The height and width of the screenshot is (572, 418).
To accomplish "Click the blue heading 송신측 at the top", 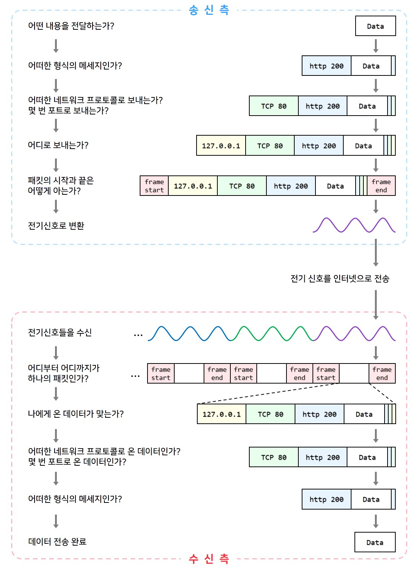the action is [x=209, y=10].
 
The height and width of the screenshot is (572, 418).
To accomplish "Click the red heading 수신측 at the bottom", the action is [x=209, y=558].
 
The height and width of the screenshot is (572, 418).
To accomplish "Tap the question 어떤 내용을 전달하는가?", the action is [x=71, y=26].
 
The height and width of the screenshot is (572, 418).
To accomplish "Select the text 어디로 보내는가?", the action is [x=58, y=145].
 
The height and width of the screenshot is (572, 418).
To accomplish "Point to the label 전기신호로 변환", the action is [x=56, y=226].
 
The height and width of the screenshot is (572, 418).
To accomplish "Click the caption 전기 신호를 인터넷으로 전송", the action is [x=340, y=278].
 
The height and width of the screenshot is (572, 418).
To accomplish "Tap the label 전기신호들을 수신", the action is [x=60, y=332].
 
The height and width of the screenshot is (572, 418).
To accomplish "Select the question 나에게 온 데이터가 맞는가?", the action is [x=76, y=414].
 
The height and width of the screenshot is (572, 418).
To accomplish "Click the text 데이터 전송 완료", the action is [x=57, y=542].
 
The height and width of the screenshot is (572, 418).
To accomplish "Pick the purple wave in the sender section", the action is [x=354, y=225].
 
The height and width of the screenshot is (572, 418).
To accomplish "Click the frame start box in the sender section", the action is [x=154, y=186].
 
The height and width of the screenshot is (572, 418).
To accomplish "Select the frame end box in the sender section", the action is [x=381, y=186].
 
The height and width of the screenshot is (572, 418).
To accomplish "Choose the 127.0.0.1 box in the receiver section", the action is [x=221, y=414].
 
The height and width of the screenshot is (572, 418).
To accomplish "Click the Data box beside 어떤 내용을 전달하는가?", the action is [x=375, y=26].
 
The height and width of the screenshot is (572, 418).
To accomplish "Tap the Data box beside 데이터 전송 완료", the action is [x=375, y=542].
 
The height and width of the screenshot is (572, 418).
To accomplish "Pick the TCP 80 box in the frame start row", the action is [x=242, y=186].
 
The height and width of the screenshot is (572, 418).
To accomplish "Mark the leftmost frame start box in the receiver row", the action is [x=161, y=374].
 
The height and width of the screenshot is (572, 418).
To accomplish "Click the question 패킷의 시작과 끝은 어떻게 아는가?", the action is [x=61, y=185].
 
